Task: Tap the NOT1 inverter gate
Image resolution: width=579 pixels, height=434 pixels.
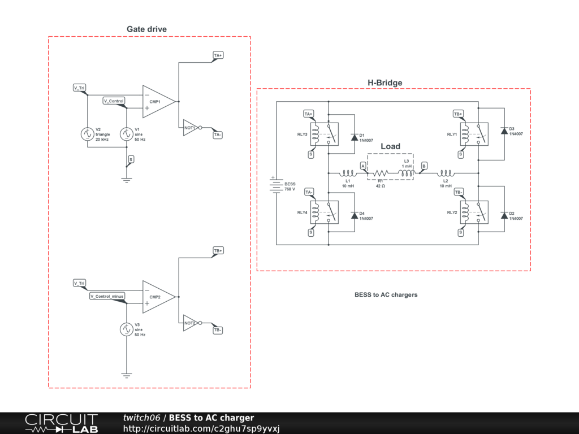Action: tap(190, 128)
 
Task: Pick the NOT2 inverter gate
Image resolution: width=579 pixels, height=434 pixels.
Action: tap(190, 323)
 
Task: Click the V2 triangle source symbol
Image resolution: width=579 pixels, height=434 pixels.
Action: tap(88, 134)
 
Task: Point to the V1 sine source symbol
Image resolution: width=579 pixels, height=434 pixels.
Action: tap(127, 134)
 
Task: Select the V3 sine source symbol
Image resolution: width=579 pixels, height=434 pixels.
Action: tap(127, 329)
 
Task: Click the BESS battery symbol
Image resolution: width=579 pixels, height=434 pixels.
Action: tap(276, 186)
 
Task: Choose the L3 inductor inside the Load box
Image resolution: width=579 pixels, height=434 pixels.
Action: tap(407, 173)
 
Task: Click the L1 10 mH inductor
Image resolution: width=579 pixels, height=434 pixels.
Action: tap(347, 173)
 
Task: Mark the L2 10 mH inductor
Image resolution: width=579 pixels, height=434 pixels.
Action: tap(446, 173)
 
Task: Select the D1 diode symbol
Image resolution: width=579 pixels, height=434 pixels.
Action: tap(354, 137)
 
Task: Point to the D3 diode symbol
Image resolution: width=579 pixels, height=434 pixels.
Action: tap(504, 131)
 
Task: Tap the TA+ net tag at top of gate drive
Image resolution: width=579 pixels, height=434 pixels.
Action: tap(218, 55)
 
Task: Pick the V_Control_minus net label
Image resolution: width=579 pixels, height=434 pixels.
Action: tap(107, 296)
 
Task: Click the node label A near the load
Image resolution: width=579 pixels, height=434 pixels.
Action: tap(363, 165)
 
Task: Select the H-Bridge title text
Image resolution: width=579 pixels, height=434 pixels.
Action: tap(385, 83)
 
